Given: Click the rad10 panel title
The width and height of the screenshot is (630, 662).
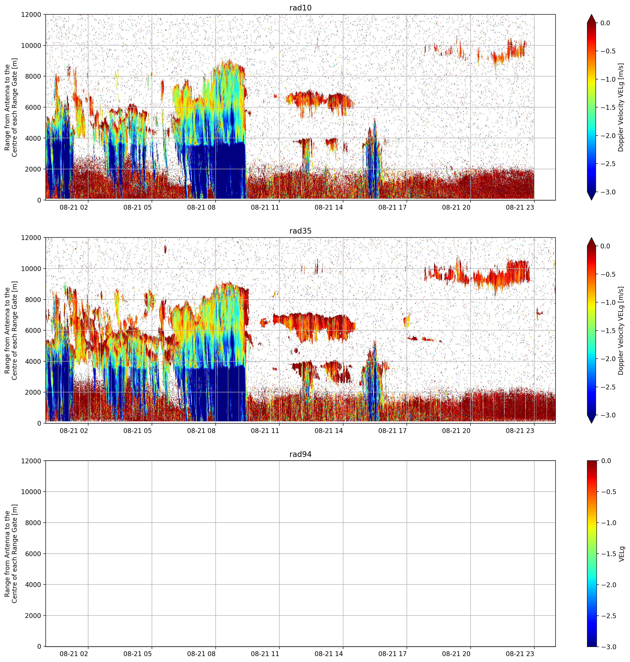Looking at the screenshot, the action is pos(300,8).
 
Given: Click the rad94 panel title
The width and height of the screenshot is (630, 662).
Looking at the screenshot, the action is pos(300,454).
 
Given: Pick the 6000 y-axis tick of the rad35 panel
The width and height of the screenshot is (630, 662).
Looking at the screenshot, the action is pos(34,330).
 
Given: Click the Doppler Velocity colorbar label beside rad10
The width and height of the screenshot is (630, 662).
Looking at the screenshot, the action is pos(621,107).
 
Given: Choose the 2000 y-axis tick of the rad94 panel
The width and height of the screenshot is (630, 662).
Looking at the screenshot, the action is pos(34,615).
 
